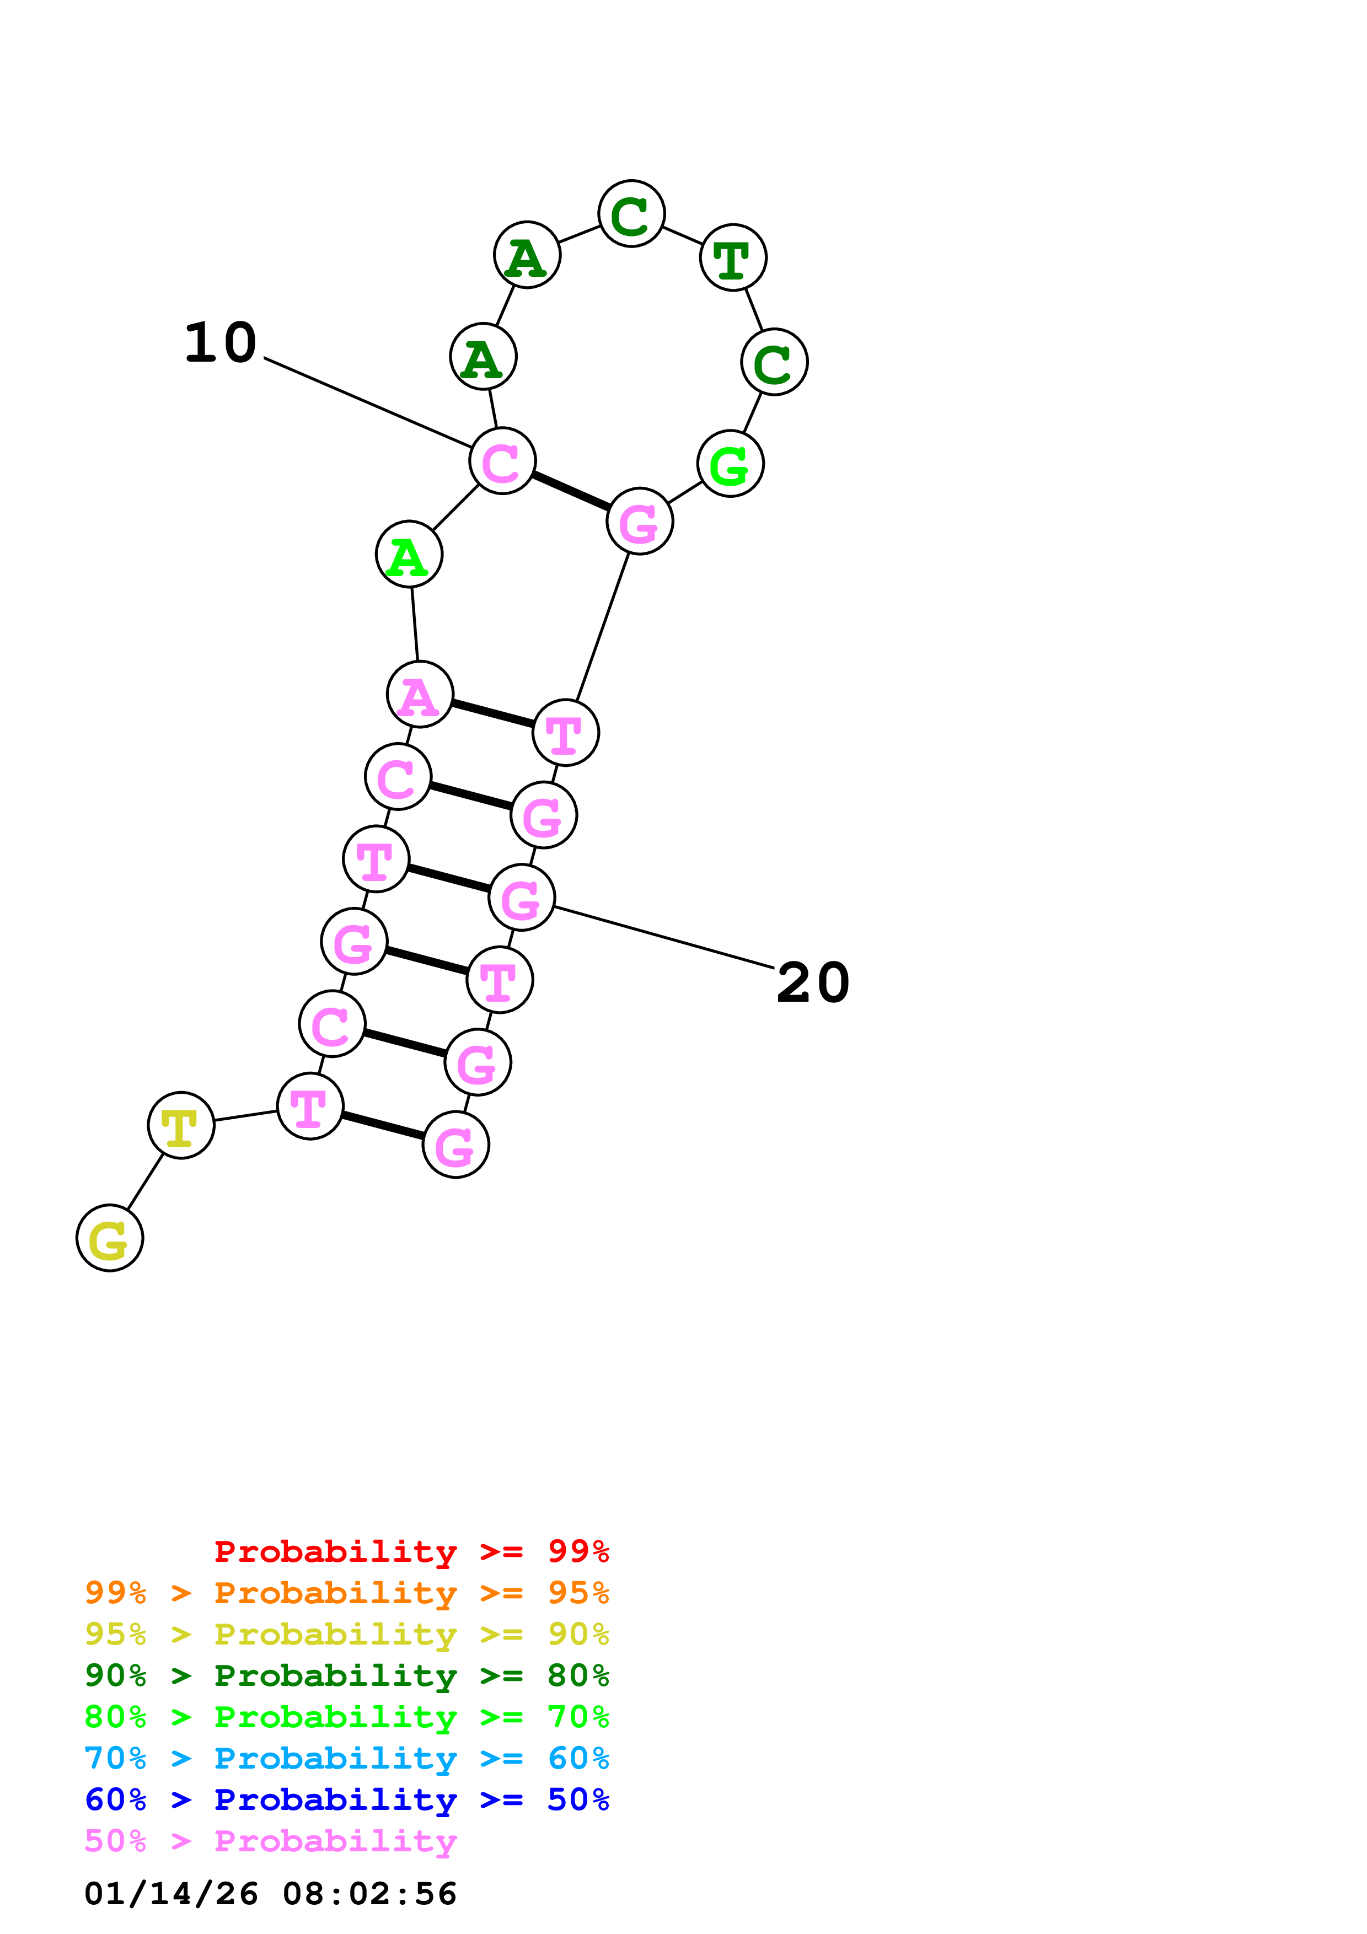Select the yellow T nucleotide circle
click(181, 1125)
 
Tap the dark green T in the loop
click(733, 258)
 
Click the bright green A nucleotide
click(409, 554)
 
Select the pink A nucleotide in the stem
click(420, 694)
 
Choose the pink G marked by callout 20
click(521, 898)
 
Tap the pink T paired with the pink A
click(565, 733)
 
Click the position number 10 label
click(221, 343)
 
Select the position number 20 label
click(813, 982)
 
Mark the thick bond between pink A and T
click(493, 713)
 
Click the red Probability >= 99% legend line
click(411, 1551)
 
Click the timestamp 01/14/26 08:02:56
click(270, 1894)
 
